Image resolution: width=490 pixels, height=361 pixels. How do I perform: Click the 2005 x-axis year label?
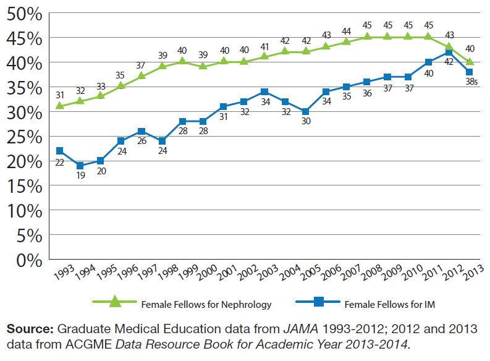(x=310, y=272)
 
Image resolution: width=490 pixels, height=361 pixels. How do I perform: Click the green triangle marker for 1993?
(x=59, y=106)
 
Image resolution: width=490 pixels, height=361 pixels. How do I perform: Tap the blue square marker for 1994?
(x=80, y=166)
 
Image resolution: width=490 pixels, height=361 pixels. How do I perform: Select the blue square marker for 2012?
(x=449, y=53)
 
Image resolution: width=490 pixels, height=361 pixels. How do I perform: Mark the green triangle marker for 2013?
(x=470, y=62)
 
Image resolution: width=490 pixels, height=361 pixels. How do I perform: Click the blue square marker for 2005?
(x=305, y=111)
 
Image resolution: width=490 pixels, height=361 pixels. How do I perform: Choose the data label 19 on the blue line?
(x=81, y=176)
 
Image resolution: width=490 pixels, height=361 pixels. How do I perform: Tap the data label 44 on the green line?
(x=347, y=31)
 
